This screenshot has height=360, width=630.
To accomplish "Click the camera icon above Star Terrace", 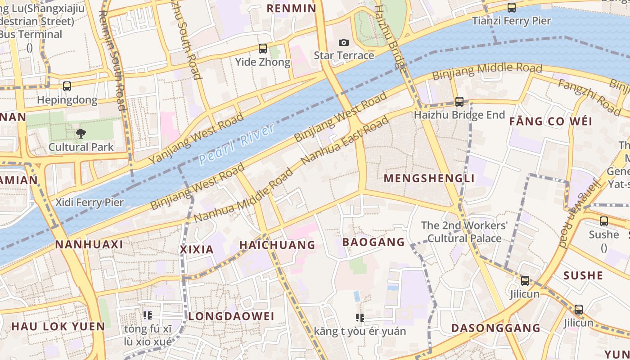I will (x=344, y=42).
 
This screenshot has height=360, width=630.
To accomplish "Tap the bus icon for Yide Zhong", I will (x=263, y=49).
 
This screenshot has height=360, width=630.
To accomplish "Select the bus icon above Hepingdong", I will (x=67, y=86).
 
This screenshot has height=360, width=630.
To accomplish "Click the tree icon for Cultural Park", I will (x=81, y=133).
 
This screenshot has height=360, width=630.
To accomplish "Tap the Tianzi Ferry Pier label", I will (x=511, y=21).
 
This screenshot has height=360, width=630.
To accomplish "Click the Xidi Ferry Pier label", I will (x=89, y=202).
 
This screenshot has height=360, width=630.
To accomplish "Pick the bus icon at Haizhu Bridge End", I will (x=459, y=102).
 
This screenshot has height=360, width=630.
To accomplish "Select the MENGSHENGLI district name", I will (x=429, y=178).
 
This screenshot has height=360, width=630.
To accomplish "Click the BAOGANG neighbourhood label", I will (x=373, y=242).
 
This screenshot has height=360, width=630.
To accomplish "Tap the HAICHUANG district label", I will (x=277, y=245).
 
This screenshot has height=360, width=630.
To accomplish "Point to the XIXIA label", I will (x=197, y=249).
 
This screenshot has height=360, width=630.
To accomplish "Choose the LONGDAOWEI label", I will (x=231, y=316).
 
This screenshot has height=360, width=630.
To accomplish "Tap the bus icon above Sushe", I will (x=604, y=221).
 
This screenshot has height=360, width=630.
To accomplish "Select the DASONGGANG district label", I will (x=496, y=328).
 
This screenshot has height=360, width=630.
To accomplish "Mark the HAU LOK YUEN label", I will (x=58, y=326).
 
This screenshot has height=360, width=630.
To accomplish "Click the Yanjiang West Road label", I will (x=196, y=138).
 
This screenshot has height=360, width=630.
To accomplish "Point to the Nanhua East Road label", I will (x=345, y=140).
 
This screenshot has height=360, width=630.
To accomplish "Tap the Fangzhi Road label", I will (x=589, y=96).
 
